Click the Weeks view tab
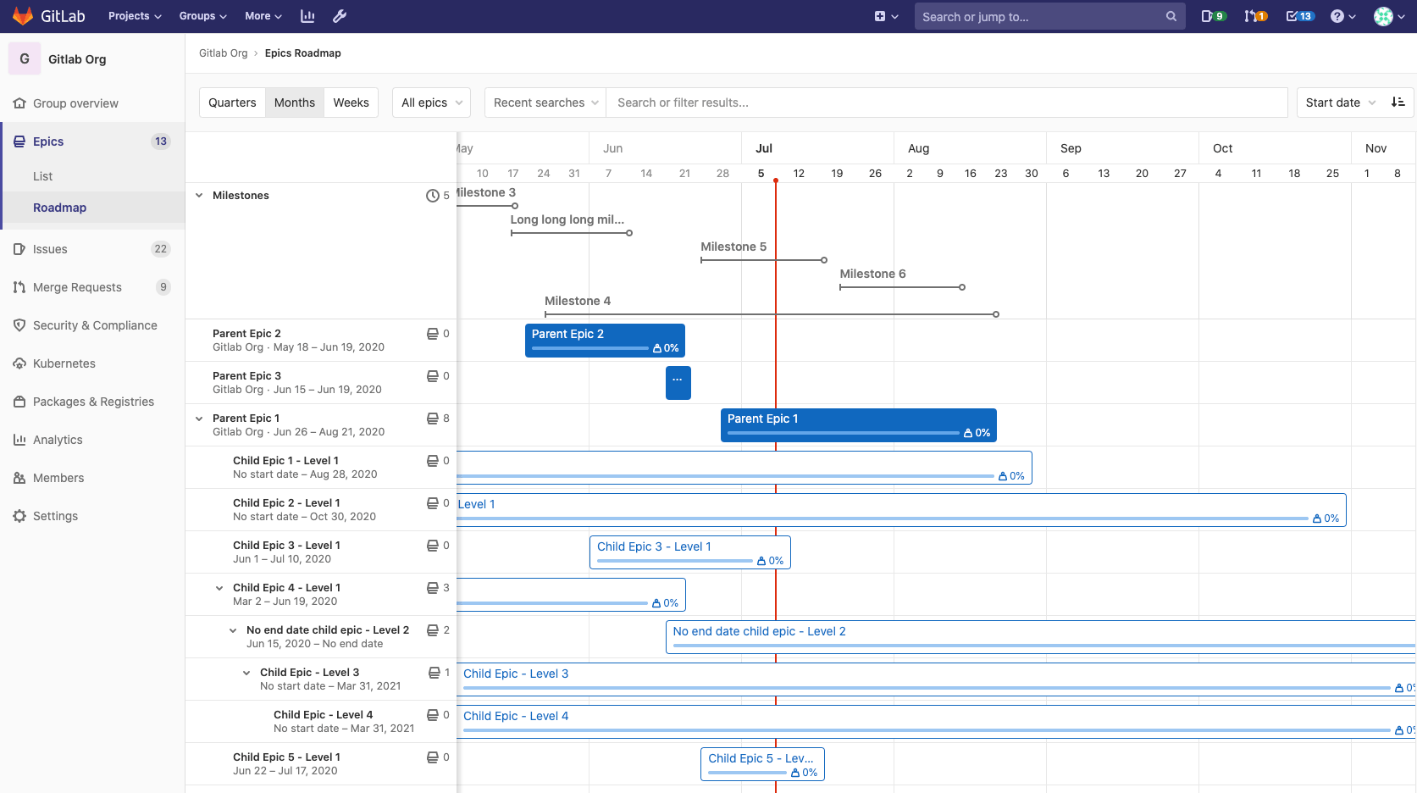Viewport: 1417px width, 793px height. coord(351,103)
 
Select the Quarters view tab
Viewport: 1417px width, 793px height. coord(232,103)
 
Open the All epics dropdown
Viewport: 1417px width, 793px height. coord(432,103)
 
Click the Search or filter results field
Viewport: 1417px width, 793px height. coord(946,103)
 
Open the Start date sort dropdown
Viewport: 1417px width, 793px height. coord(1340,103)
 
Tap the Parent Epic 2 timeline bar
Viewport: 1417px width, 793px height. coord(605,341)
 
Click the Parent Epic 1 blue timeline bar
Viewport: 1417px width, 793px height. coord(858,425)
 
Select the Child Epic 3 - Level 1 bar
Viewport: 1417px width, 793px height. coord(689,552)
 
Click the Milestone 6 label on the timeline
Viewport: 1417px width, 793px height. coord(872,274)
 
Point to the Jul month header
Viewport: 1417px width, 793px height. coord(764,148)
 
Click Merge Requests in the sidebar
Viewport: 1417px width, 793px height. coord(77,287)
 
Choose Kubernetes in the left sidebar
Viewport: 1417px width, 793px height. coord(64,363)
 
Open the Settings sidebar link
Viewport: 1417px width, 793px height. coord(55,516)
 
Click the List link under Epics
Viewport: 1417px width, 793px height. coord(42,176)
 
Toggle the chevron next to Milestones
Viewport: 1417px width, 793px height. coord(199,196)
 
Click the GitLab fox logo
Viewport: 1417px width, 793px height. coord(23,16)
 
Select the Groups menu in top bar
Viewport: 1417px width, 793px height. coord(202,16)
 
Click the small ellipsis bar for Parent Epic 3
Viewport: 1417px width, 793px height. coord(678,382)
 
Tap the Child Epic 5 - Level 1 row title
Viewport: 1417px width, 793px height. coord(286,757)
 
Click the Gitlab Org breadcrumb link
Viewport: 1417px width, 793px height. coord(223,53)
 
